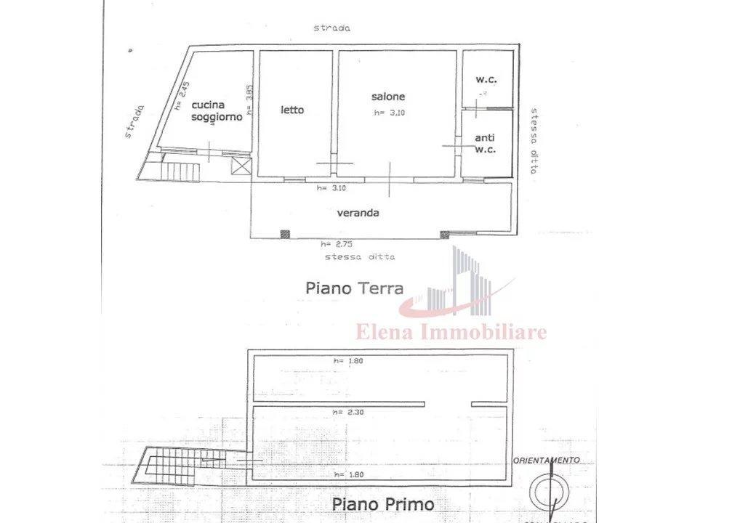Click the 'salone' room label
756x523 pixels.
(x=387, y=97)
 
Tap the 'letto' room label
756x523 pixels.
(x=292, y=110)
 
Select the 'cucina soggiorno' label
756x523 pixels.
(x=216, y=111)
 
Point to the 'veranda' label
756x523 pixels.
(x=358, y=213)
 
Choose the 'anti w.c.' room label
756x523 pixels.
(x=485, y=143)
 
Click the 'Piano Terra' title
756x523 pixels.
(x=355, y=288)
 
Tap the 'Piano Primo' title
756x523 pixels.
(x=383, y=503)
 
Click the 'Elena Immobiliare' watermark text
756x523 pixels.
(x=451, y=333)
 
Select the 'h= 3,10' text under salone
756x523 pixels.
(x=389, y=113)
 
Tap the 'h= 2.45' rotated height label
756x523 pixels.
(x=183, y=95)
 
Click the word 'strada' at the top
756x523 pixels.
(x=332, y=28)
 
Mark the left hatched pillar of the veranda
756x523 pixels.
(x=285, y=234)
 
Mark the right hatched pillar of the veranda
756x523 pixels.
(x=444, y=234)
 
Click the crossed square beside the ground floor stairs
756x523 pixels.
(x=241, y=166)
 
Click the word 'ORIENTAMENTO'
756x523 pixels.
(x=546, y=460)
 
